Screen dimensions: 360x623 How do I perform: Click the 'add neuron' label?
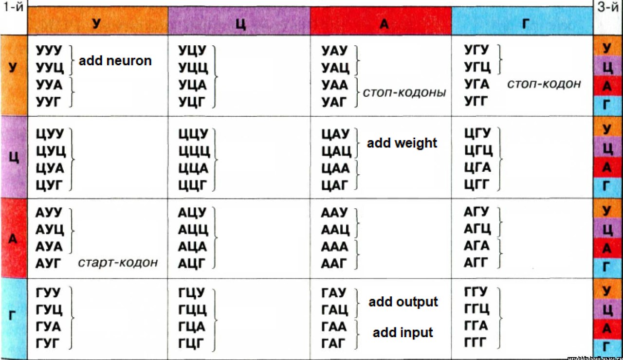pos(115,61)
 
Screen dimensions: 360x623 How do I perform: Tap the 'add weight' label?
pos(402,143)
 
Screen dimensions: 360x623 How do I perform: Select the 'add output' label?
pos(403,302)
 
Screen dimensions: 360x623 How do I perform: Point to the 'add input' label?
pos(403,333)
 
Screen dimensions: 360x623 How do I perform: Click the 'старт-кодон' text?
pos(118,263)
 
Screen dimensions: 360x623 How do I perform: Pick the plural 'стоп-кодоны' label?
pos(404,92)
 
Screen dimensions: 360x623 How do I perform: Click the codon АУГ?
pos(49,263)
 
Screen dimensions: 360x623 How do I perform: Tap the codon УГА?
pos(477,84)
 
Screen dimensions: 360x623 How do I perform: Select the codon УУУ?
pos(49,50)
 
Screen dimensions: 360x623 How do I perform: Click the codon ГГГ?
pos(476,342)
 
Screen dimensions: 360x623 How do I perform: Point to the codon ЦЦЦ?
pos(193,151)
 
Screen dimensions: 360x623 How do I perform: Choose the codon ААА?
pos(335,246)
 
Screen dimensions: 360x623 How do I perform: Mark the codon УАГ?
pos(335,101)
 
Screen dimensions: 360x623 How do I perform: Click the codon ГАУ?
pos(334,293)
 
